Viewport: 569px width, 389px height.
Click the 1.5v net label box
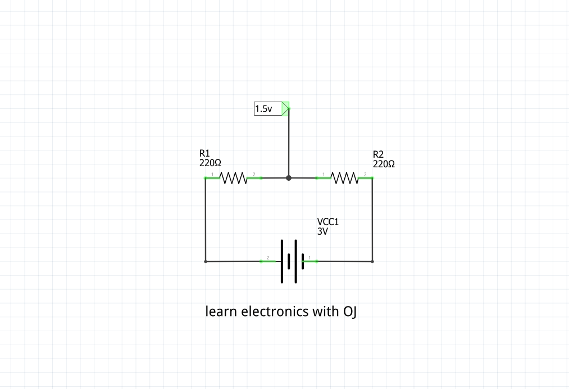click(x=267, y=109)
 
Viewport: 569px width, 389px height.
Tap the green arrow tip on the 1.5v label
click(x=286, y=108)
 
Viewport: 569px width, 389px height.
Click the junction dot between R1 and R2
click(x=289, y=178)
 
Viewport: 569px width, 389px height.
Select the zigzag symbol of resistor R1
click(x=233, y=178)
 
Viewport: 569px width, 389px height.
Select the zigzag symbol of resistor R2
click(x=345, y=178)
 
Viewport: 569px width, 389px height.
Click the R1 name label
click(x=204, y=153)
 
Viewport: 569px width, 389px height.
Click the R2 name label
click(x=378, y=154)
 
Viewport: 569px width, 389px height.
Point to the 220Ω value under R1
click(x=210, y=163)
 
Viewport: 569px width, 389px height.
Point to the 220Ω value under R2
click(x=384, y=164)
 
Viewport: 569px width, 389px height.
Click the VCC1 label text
click(x=328, y=222)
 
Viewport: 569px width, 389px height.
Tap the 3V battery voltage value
click(x=322, y=231)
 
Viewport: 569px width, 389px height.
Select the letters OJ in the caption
click(x=350, y=311)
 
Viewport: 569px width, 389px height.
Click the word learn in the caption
click(x=221, y=311)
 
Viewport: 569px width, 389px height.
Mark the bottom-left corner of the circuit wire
click(x=206, y=261)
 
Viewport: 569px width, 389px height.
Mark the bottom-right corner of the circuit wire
click(x=372, y=261)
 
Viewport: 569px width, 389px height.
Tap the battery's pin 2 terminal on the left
click(x=268, y=261)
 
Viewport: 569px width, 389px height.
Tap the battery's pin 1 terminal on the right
click(x=310, y=261)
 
